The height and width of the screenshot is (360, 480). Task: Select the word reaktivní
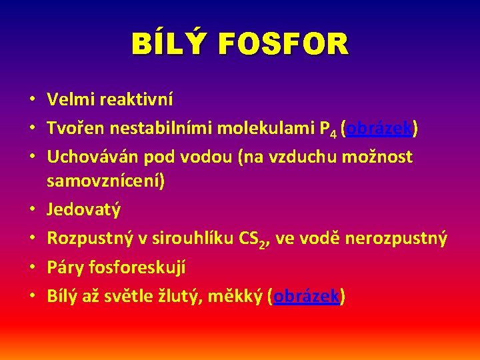click(x=136, y=100)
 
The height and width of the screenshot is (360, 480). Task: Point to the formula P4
click(x=326, y=129)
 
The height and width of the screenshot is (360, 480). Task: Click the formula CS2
click(x=254, y=239)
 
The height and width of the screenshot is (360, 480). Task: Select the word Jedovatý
click(x=84, y=210)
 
